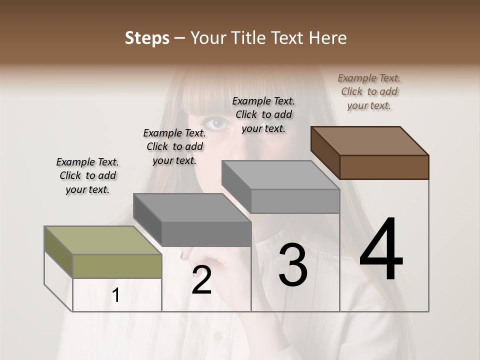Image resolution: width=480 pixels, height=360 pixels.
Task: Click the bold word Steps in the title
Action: click(x=146, y=38)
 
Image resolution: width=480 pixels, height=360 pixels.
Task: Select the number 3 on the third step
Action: click(x=292, y=265)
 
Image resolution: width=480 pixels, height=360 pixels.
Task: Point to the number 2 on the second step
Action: click(x=201, y=280)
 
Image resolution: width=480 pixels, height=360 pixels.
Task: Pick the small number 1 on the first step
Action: click(x=115, y=295)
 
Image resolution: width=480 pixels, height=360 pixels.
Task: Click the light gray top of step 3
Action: click(x=280, y=175)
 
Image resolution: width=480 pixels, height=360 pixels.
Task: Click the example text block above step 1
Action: click(x=87, y=175)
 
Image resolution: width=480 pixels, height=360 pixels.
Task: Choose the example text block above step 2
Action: click(x=174, y=146)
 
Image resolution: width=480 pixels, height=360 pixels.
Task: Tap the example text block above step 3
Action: click(x=263, y=114)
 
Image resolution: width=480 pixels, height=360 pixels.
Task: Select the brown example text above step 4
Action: click(x=369, y=91)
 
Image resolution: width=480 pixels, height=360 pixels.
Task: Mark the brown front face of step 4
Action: click(x=384, y=167)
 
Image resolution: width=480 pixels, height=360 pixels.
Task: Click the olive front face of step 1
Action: click(x=117, y=266)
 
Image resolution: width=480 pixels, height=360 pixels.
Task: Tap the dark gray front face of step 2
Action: click(x=206, y=234)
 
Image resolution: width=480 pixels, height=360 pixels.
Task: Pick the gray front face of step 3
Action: click(x=295, y=201)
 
